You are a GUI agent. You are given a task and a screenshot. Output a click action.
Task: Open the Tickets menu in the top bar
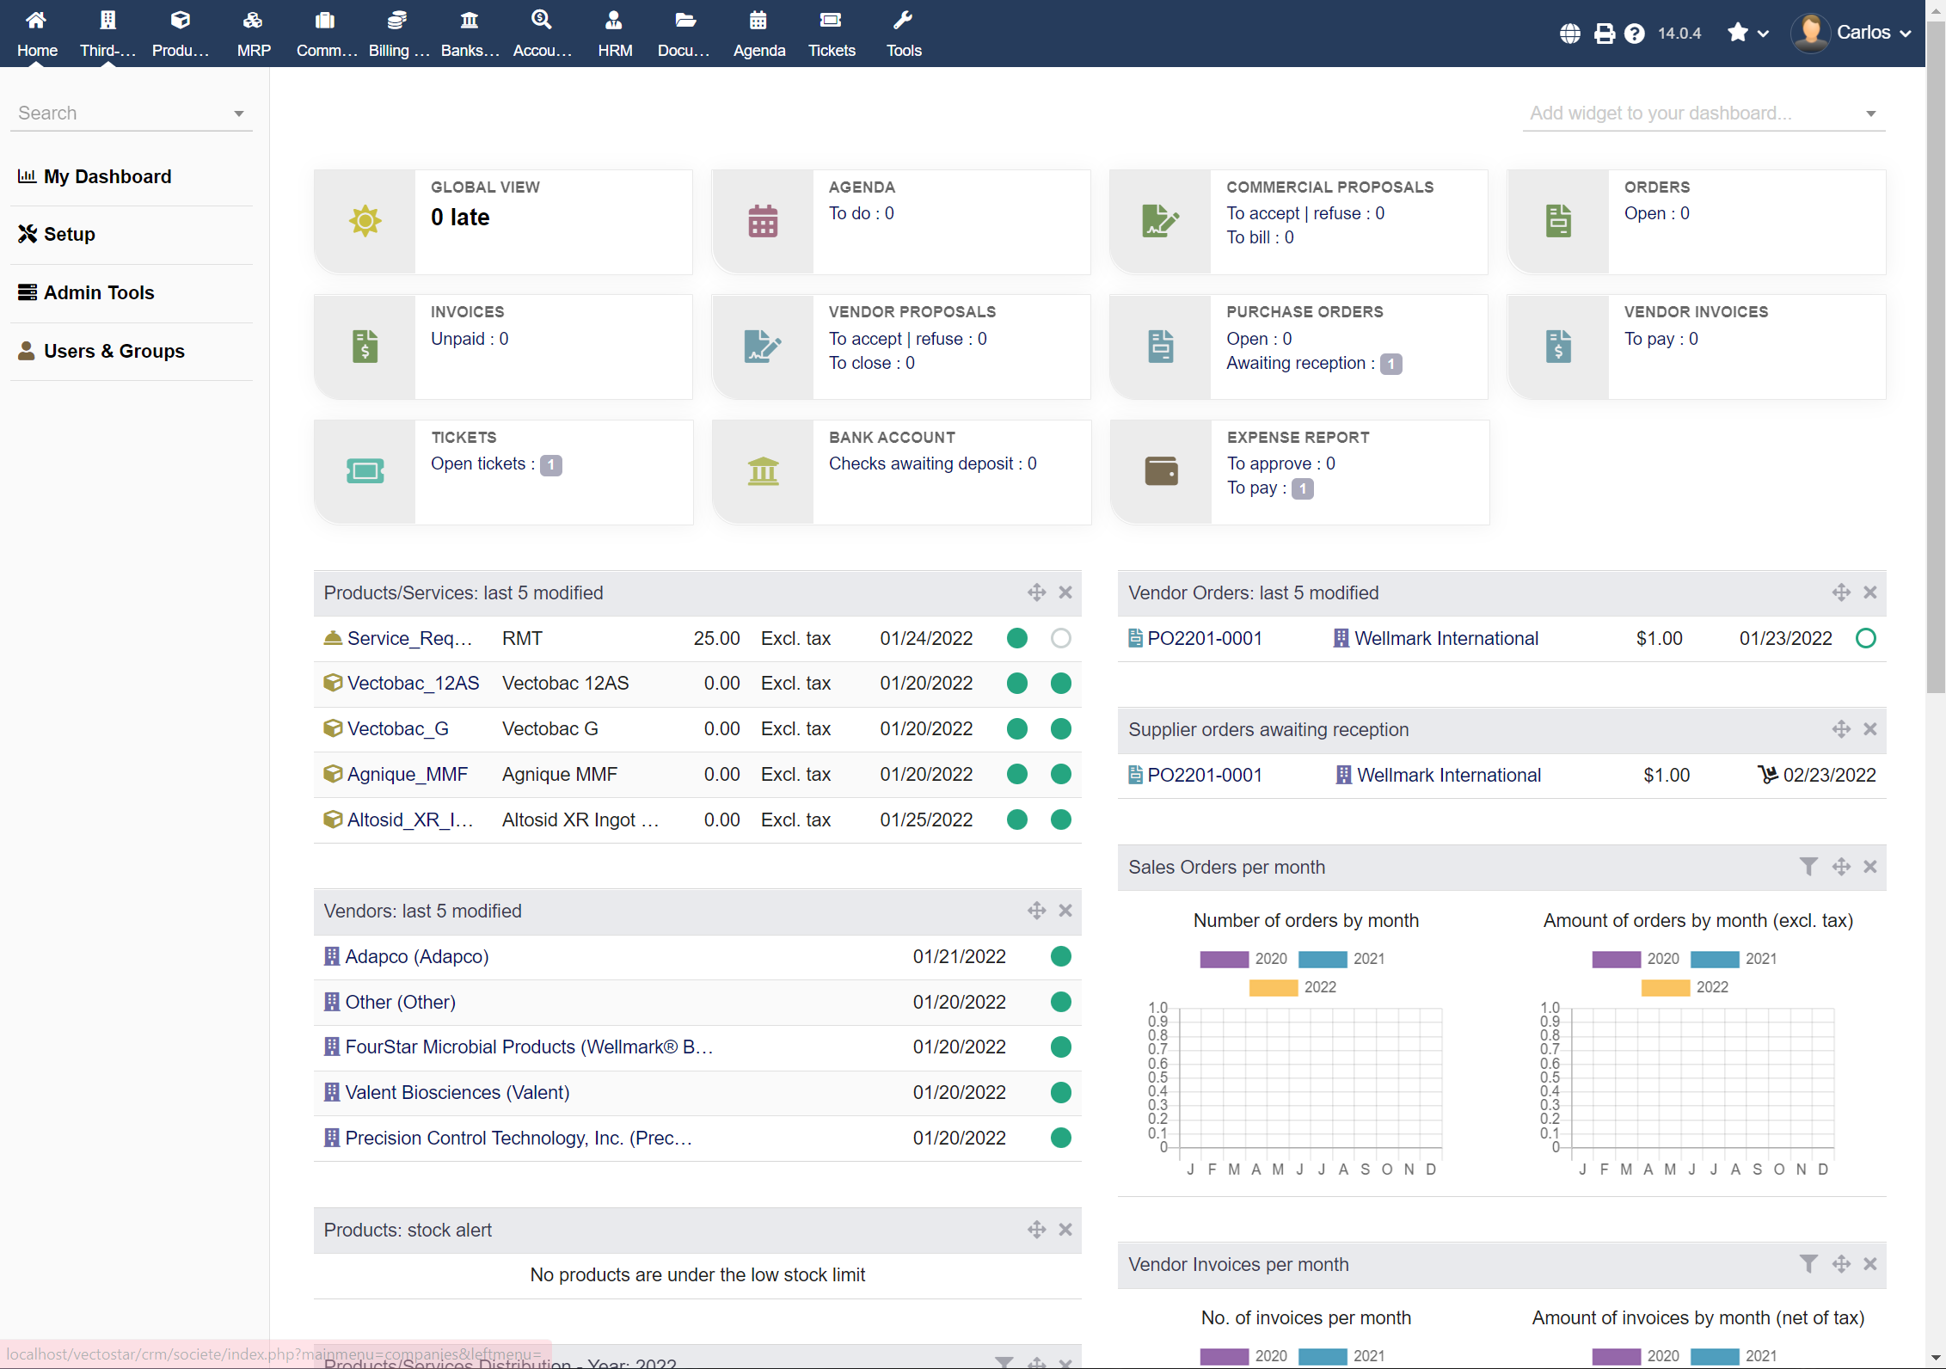coord(831,34)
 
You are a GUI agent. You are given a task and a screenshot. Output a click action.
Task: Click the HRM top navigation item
coord(614,34)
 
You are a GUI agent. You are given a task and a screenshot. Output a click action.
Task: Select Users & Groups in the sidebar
coord(114,351)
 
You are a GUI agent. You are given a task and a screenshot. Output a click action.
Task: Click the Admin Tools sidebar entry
coord(98,292)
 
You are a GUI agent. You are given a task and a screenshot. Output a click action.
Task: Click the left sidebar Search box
coord(120,113)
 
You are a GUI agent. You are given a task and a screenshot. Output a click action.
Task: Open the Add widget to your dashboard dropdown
coord(1702,113)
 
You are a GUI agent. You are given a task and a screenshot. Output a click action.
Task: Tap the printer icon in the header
coord(1604,34)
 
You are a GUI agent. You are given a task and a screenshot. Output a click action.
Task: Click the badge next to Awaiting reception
coord(1390,364)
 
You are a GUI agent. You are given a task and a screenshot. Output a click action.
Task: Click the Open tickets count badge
coord(550,464)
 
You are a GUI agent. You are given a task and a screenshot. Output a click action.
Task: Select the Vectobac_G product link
coord(397,728)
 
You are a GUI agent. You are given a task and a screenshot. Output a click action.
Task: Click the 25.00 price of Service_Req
coord(716,638)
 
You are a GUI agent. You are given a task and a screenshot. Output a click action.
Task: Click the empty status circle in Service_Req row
coord(1060,638)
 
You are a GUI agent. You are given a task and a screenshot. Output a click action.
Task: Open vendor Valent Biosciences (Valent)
coord(457,1092)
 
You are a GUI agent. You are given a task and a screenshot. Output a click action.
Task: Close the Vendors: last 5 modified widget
coord(1065,911)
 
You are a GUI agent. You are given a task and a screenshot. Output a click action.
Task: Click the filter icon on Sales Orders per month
coord(1808,867)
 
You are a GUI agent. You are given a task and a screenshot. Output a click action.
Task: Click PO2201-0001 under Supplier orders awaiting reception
coord(1204,775)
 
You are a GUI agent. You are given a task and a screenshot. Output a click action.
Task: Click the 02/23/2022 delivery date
coord(1828,775)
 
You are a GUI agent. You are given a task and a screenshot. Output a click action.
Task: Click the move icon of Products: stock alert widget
coord(1036,1230)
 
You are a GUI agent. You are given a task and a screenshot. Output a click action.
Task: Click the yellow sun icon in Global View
coord(365,221)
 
